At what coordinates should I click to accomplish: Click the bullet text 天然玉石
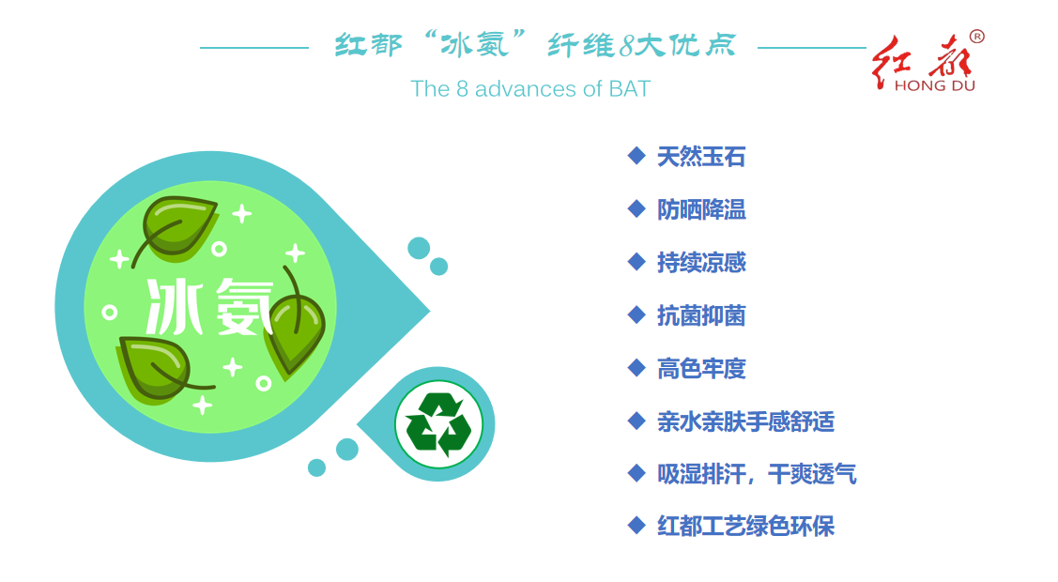701,157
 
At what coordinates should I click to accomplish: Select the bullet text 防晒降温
701,209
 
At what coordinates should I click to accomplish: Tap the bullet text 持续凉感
701,262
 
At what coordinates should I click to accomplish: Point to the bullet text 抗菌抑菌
701,315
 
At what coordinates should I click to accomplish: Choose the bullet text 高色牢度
701,368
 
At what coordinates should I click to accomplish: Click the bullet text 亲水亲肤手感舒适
745,421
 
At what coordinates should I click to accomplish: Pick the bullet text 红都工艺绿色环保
745,526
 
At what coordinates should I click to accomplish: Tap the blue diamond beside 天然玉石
636,156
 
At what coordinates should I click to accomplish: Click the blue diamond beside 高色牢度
636,368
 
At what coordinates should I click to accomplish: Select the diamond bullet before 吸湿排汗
636,473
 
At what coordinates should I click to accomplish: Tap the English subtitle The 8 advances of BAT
530,88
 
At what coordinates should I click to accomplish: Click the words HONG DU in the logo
934,85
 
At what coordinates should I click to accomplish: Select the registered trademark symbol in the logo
976,37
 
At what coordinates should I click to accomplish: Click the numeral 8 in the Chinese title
627,46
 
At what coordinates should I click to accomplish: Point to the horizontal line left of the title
254,48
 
